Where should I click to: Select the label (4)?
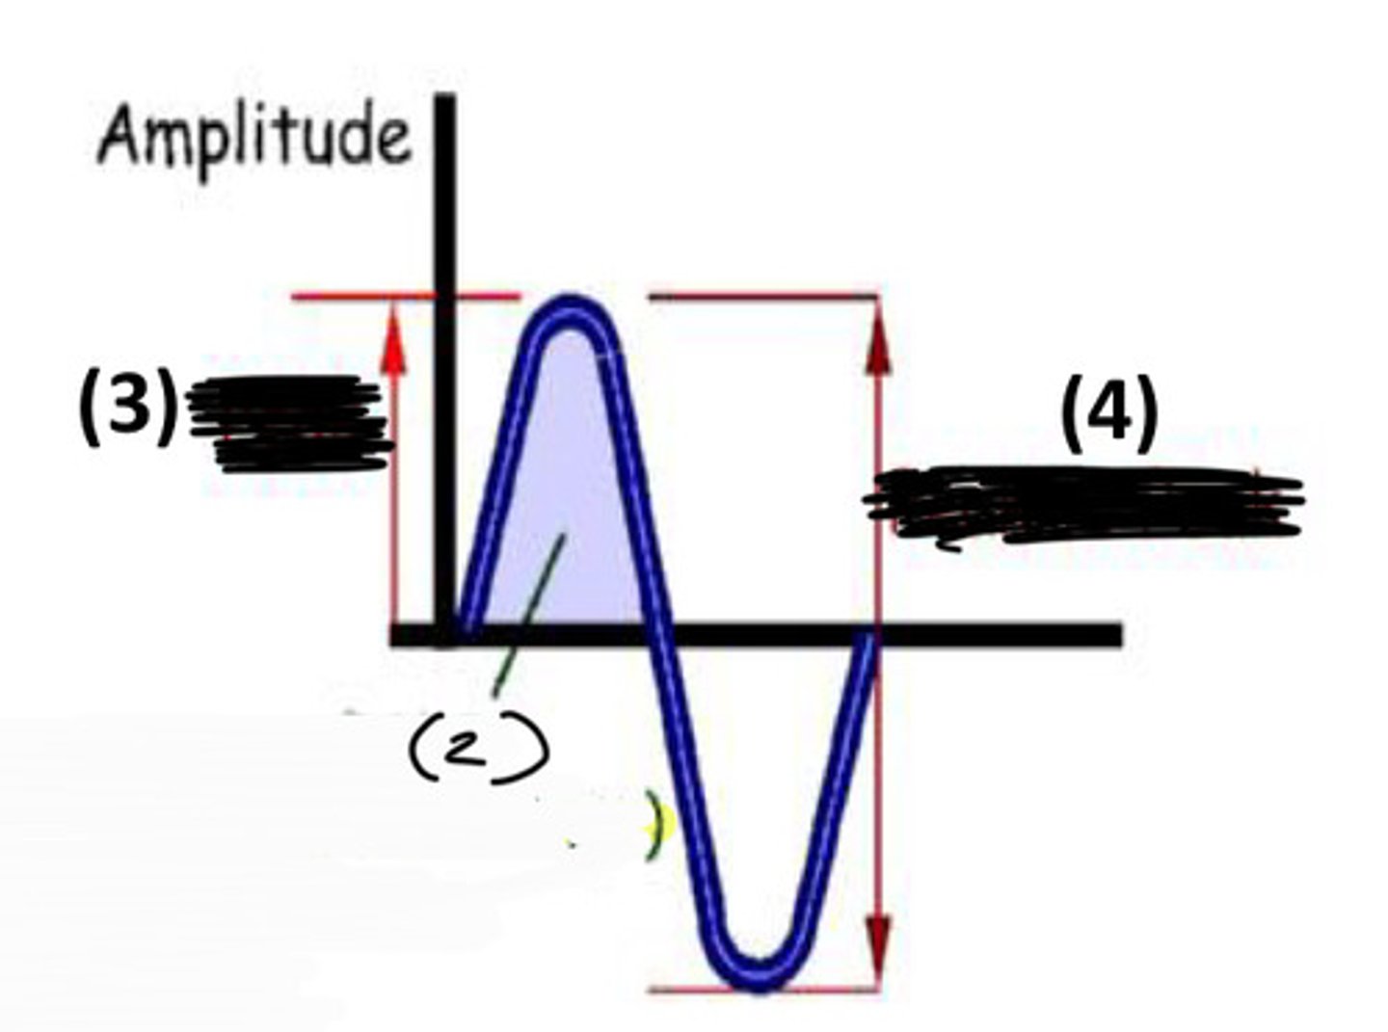(1108, 414)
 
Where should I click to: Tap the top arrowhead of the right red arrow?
(877, 332)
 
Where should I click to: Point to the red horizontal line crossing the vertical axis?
(405, 296)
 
